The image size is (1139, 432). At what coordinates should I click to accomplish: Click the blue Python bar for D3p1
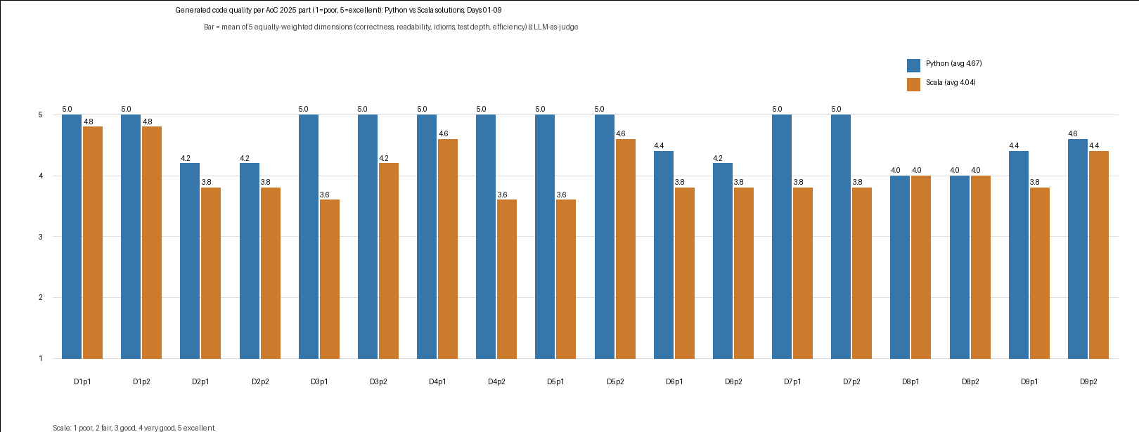coord(309,236)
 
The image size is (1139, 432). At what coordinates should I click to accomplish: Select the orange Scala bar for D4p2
coord(507,279)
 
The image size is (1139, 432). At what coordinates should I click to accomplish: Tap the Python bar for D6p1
coord(664,254)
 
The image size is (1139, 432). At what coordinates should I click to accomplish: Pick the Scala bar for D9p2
coord(1099,254)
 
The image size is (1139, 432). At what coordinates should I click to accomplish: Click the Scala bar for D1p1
coord(93,242)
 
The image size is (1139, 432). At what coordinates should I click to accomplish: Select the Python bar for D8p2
coord(960,267)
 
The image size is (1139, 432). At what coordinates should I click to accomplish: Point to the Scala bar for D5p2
coord(626,249)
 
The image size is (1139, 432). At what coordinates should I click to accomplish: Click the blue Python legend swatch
coord(913,65)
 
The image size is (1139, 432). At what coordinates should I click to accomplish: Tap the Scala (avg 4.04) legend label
coord(951,82)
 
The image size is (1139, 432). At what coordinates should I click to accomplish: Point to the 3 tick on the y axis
coord(40,237)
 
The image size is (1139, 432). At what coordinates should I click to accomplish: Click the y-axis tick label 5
coord(40,115)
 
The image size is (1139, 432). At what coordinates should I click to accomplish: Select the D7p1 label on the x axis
coord(792,381)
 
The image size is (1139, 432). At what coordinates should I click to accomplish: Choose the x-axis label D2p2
coord(260,381)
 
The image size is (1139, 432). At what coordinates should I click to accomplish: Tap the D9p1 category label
coord(1029,381)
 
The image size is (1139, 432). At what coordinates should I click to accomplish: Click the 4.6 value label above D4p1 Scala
coord(444,133)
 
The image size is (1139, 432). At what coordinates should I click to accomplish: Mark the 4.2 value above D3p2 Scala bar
coord(384,158)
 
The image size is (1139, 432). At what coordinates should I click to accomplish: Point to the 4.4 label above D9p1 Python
coord(1014,146)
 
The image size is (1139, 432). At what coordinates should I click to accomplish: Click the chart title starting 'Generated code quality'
coord(339,10)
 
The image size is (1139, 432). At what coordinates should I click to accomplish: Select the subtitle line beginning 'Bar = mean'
coord(391,27)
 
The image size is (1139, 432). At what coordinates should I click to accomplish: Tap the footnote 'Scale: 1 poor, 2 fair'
coord(134,428)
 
